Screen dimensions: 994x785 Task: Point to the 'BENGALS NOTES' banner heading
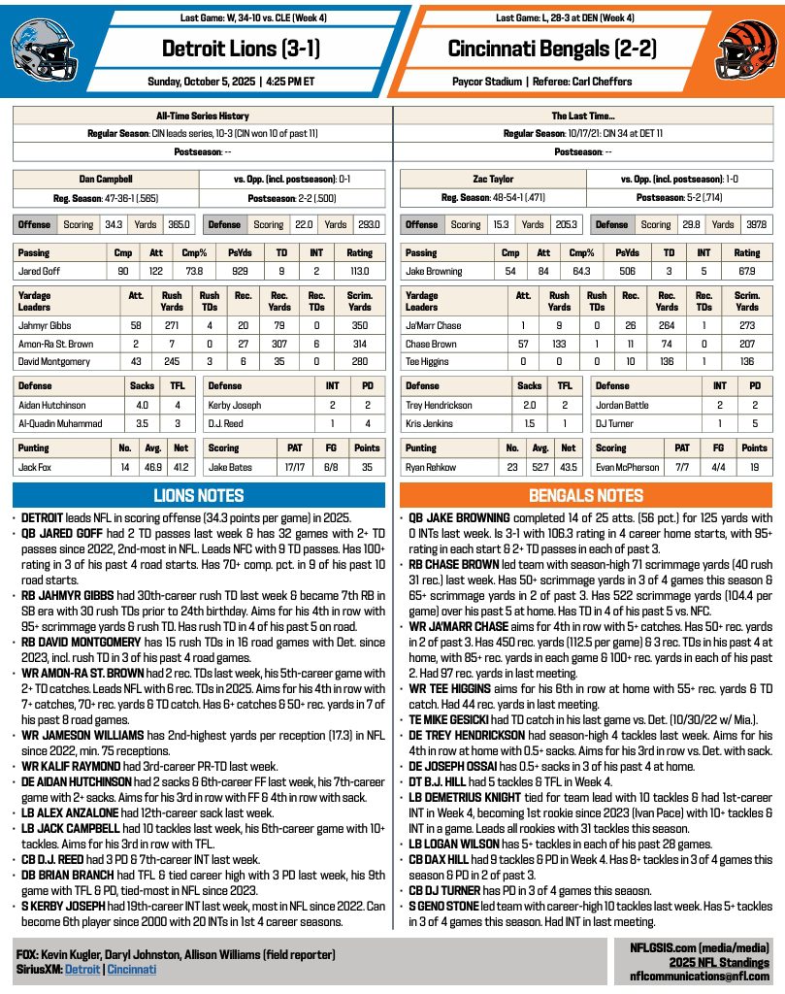pyautogui.click(x=586, y=495)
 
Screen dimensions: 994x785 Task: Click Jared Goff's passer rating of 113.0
pyautogui.click(x=360, y=272)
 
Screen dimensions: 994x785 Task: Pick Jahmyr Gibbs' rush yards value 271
pyautogui.click(x=172, y=325)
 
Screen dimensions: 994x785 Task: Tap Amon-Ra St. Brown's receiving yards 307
pyautogui.click(x=279, y=344)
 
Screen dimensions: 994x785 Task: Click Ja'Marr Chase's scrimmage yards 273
pyautogui.click(x=746, y=325)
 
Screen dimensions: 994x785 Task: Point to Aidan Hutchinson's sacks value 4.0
pyautogui.click(x=145, y=404)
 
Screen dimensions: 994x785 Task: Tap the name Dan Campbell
pyautogui.click(x=106, y=180)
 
